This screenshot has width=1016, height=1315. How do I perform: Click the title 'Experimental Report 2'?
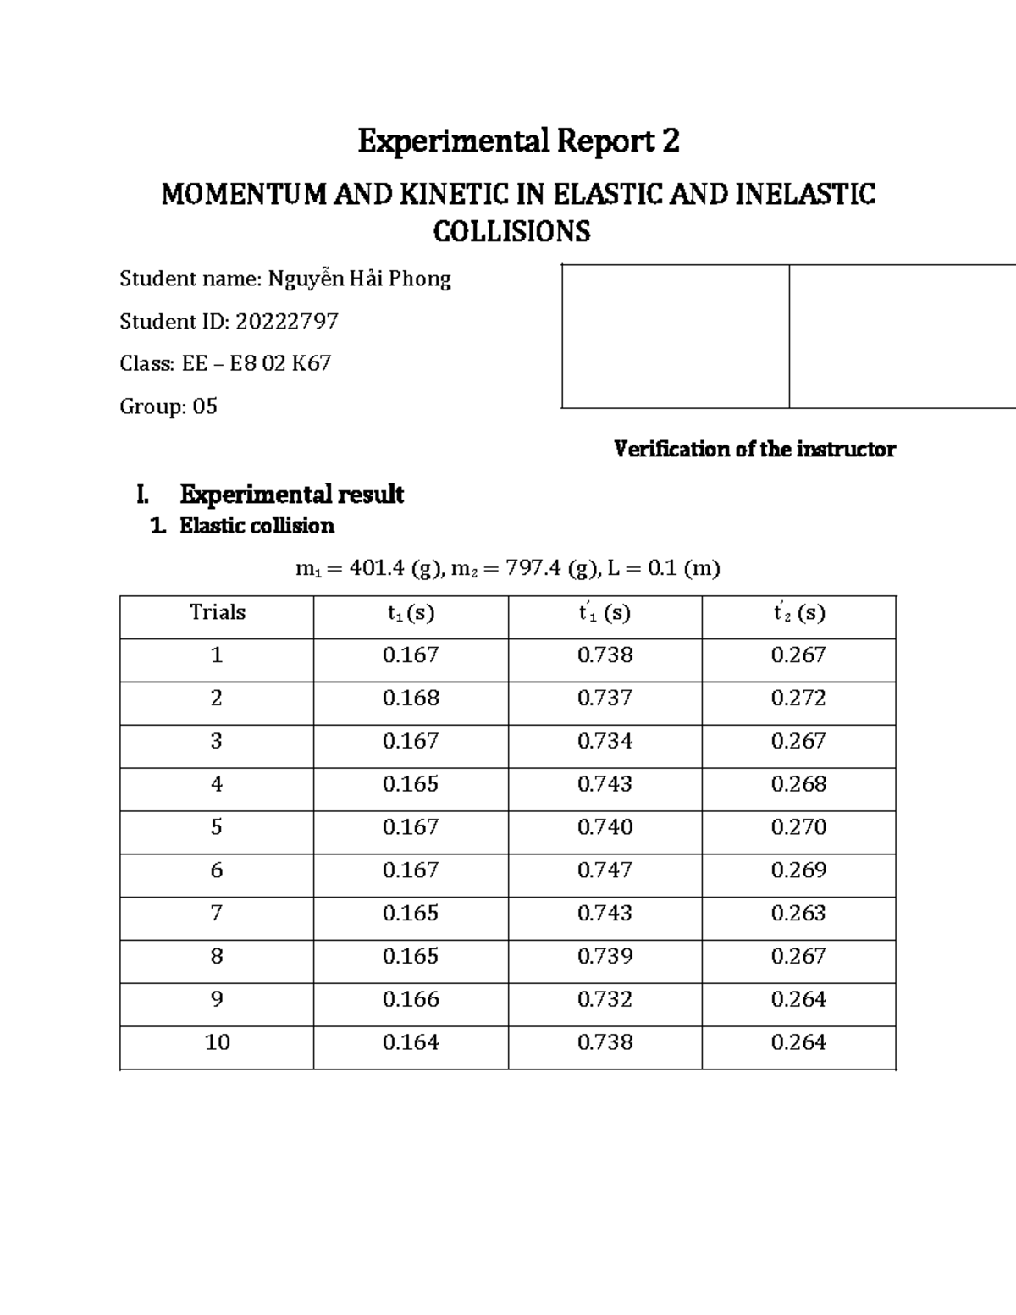[518, 141]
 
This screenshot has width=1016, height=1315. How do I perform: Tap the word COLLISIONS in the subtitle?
[511, 231]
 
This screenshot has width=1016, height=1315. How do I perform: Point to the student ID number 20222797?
[287, 321]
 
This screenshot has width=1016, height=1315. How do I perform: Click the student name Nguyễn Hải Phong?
[359, 279]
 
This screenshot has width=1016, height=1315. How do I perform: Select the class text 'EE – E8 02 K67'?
[257, 363]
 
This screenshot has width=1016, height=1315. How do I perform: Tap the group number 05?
[205, 406]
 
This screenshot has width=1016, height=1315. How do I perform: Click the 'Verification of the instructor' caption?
[754, 449]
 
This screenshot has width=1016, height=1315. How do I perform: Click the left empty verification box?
[676, 336]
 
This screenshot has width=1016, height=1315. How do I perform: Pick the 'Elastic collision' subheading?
[257, 526]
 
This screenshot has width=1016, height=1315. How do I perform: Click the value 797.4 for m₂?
[533, 568]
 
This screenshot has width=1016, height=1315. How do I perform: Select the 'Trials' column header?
[218, 612]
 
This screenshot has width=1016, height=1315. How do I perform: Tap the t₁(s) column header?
[411, 613]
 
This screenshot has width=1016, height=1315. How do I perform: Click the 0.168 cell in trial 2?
[411, 698]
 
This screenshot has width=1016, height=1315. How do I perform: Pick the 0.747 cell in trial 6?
[605, 870]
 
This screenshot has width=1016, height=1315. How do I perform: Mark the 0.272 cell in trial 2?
[798, 698]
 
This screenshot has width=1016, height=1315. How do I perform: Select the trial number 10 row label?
[218, 1042]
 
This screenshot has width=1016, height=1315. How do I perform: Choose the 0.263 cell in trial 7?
[798, 913]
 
